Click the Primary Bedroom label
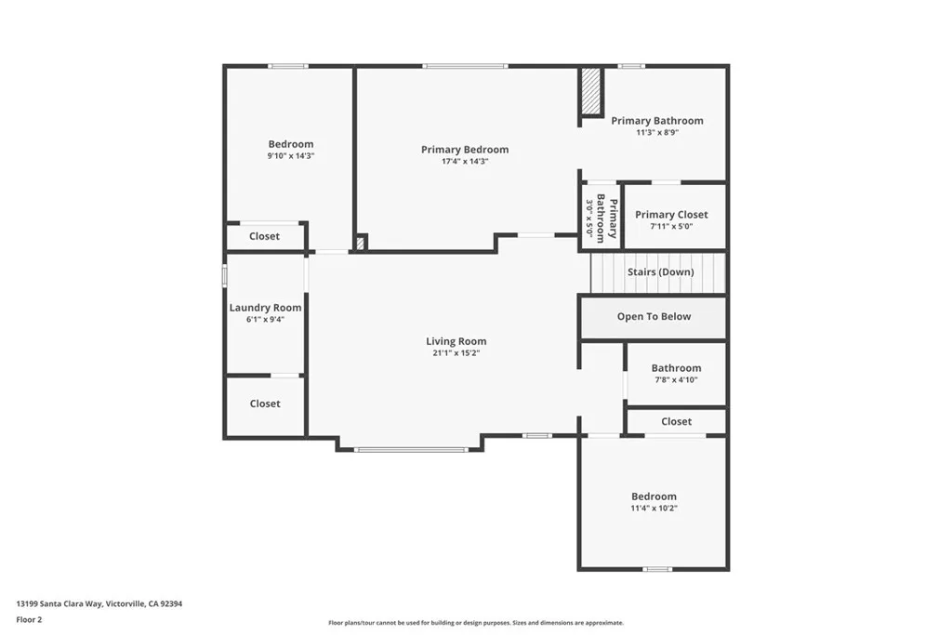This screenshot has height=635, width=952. click(x=465, y=150)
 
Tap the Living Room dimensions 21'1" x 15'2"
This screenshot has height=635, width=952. click(x=456, y=353)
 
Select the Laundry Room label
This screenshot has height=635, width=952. click(x=266, y=308)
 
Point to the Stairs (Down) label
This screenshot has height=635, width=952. click(x=660, y=272)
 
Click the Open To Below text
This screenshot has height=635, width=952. click(x=654, y=317)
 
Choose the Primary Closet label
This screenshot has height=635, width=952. click(x=671, y=215)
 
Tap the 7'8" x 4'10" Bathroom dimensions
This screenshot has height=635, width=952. click(x=676, y=380)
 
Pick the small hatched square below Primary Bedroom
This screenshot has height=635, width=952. click(x=361, y=244)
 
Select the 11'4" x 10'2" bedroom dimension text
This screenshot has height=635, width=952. click(x=654, y=509)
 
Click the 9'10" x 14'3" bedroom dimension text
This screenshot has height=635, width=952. click(x=291, y=156)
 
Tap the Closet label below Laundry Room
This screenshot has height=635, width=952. click(x=265, y=404)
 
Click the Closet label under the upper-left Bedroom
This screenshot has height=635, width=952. click(x=264, y=237)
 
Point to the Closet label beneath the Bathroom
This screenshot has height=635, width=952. click(x=676, y=422)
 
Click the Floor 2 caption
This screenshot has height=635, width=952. click(x=30, y=619)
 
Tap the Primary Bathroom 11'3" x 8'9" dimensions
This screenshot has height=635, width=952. click(x=656, y=132)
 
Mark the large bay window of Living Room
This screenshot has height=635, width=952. click(x=410, y=450)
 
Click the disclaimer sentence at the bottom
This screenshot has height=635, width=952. click(x=475, y=623)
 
